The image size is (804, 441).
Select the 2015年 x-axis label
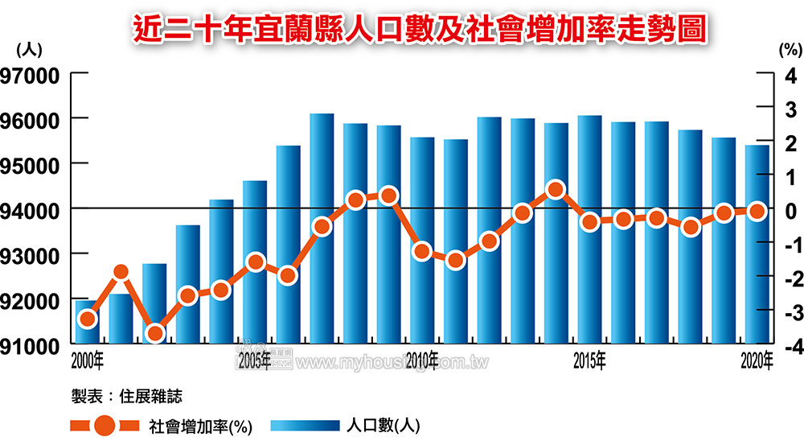(x=589, y=359)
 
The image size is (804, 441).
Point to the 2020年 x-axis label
(x=757, y=359)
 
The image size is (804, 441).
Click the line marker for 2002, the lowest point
(x=154, y=332)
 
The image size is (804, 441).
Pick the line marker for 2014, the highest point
(x=555, y=190)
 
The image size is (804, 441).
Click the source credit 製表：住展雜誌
(x=126, y=396)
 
